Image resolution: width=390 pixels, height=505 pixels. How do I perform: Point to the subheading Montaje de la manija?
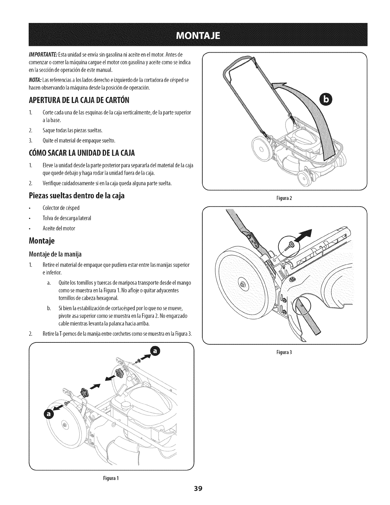(x=55, y=254)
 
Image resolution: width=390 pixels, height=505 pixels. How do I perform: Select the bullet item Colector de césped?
(x=61, y=208)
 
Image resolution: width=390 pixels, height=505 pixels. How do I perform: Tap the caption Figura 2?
(x=285, y=198)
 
